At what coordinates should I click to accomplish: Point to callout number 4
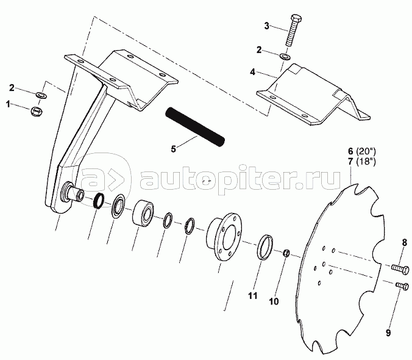pyautogui.click(x=254, y=72)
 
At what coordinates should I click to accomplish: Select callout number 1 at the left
pyautogui.click(x=9, y=105)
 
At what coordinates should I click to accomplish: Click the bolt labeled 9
pyautogui.click(x=400, y=285)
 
